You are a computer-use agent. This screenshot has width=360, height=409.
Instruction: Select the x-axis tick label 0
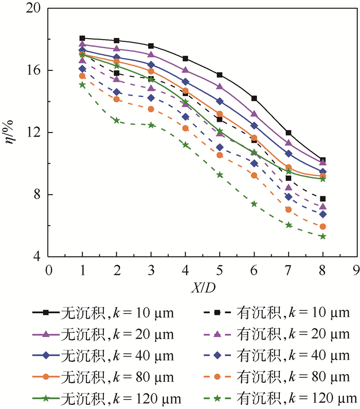click(48, 270)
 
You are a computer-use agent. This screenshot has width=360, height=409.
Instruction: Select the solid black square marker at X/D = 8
click(322, 160)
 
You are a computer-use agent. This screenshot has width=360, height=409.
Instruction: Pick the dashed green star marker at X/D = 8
click(322, 236)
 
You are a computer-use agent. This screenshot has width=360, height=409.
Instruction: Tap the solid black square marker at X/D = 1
click(82, 38)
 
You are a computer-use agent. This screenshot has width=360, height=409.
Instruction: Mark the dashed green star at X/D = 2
click(117, 120)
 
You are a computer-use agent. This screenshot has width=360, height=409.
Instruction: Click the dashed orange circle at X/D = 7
click(289, 209)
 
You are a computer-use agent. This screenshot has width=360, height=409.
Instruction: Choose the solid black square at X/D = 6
click(254, 98)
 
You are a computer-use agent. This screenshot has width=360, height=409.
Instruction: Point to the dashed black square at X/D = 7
click(289, 178)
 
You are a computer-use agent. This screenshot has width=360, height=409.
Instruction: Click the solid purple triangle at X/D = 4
click(185, 70)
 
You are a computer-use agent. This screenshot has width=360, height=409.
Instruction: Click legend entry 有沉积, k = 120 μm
click(278, 399)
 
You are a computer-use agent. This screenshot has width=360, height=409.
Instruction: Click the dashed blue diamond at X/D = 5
click(220, 147)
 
